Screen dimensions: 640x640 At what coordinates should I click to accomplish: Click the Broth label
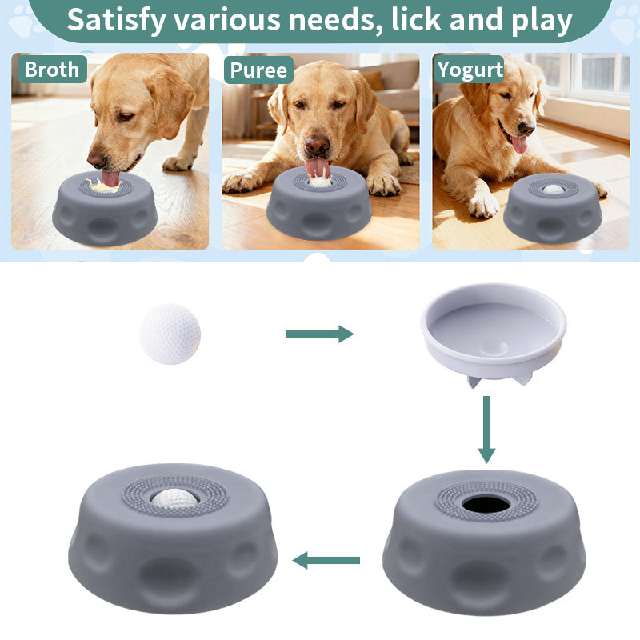click(52, 70)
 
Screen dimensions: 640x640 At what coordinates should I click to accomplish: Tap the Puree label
click(258, 70)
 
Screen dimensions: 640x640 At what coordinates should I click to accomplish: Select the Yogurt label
click(470, 70)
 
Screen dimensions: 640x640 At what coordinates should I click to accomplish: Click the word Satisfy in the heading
click(117, 21)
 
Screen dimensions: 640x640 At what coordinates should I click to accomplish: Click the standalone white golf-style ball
click(170, 334)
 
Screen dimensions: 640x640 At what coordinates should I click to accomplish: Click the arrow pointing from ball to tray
click(319, 334)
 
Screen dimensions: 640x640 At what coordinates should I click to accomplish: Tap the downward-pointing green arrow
click(486, 430)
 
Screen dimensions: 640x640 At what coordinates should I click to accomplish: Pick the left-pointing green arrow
click(326, 561)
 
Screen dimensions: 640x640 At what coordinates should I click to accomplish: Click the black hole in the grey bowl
click(486, 505)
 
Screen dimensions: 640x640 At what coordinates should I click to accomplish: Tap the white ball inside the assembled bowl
click(174, 498)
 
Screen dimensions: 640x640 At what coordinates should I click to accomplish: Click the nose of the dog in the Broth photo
click(96, 159)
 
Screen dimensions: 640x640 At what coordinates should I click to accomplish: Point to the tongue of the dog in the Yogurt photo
click(519, 145)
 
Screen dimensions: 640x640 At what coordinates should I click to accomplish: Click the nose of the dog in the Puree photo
click(317, 145)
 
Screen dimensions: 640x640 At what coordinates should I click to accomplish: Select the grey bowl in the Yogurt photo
click(553, 208)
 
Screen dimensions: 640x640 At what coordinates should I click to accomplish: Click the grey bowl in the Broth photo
click(105, 208)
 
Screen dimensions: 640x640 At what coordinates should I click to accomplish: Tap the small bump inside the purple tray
click(494, 348)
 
